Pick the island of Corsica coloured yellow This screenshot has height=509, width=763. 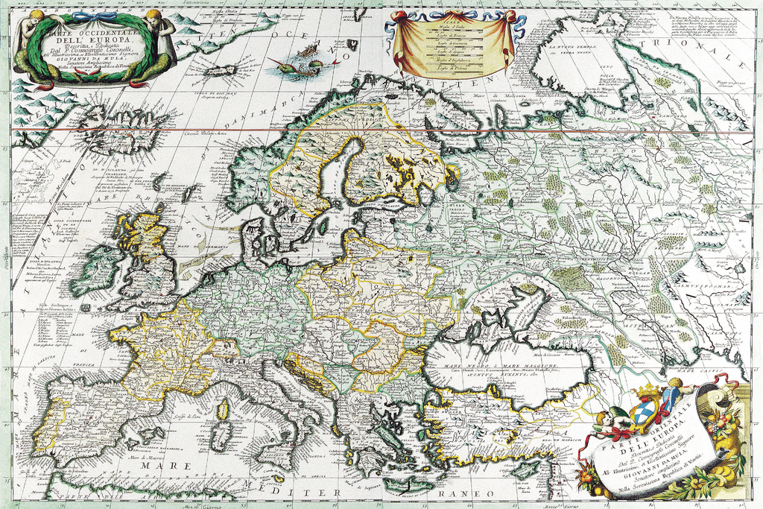click(222, 408)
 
